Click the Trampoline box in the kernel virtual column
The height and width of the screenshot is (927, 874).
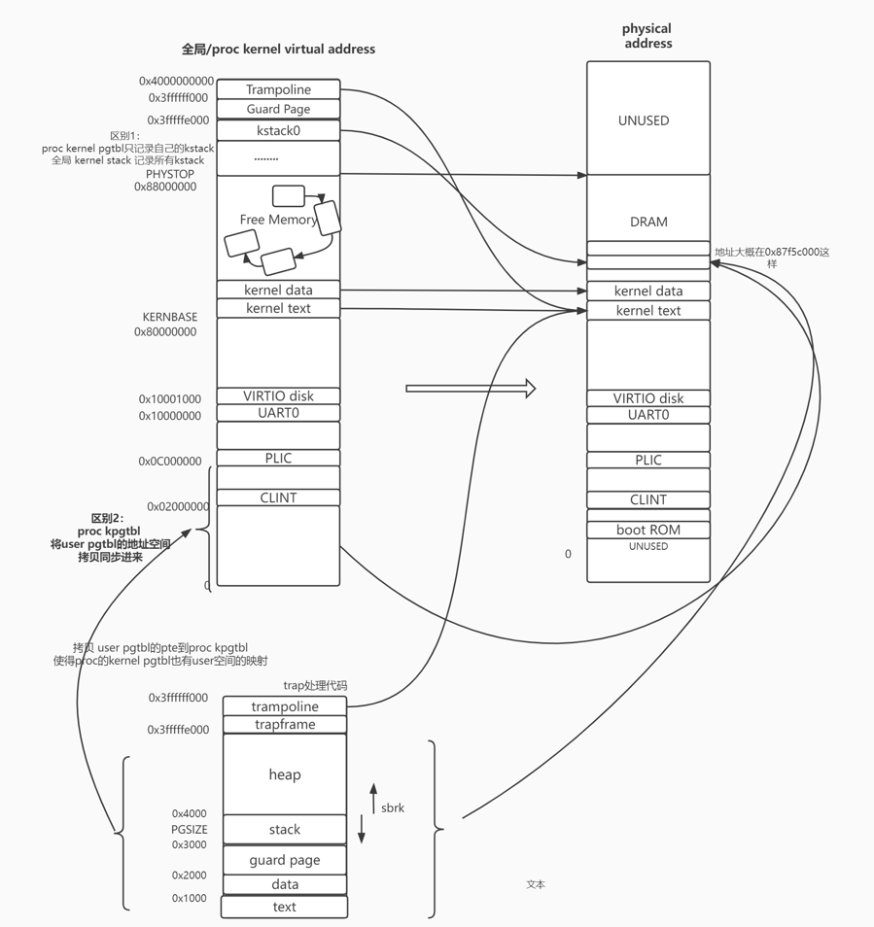click(278, 89)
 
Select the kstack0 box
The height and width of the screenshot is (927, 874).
click(278, 130)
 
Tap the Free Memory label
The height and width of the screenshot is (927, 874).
click(278, 220)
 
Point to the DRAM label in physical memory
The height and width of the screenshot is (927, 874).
click(648, 222)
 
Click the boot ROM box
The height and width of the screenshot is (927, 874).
click(648, 530)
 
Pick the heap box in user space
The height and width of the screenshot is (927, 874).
click(285, 774)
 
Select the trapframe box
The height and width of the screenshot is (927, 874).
click(285, 725)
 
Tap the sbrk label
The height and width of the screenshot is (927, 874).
click(393, 807)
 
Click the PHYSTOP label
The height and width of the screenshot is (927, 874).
click(170, 174)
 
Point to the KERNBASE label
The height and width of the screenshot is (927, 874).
click(169, 318)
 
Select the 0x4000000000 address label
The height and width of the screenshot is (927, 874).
click(176, 82)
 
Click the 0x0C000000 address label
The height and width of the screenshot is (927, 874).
click(170, 462)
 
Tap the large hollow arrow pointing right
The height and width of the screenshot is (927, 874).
click(471, 389)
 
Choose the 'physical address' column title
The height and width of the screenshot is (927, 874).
click(647, 36)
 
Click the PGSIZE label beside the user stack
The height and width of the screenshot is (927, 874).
click(190, 830)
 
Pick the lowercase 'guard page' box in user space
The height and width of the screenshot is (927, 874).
click(285, 860)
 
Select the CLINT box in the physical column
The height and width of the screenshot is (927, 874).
click(648, 499)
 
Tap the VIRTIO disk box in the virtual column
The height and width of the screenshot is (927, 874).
click(278, 395)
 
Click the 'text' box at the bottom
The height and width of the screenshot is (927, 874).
click(285, 908)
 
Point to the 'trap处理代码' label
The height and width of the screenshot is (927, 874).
click(315, 686)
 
